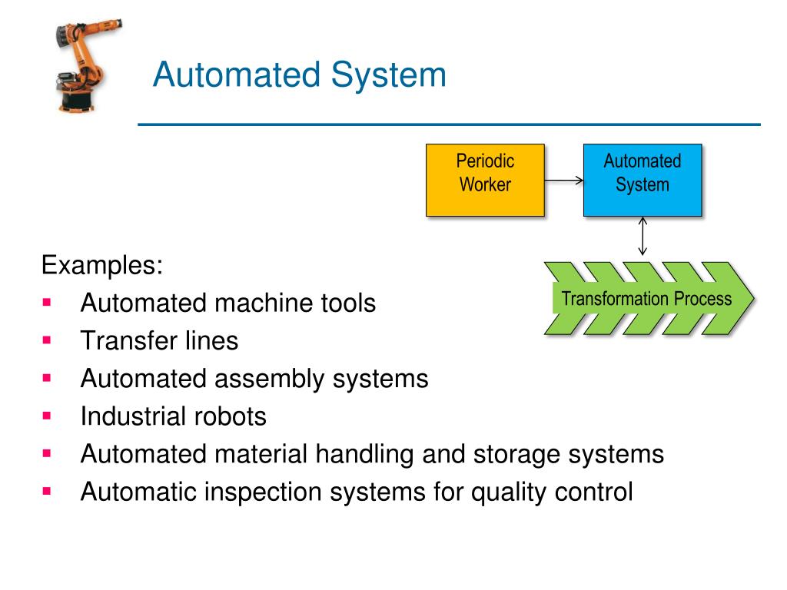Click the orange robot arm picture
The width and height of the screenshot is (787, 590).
point(78,68)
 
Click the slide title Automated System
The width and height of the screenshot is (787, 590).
point(299,76)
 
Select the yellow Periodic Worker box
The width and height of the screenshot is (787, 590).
point(485,179)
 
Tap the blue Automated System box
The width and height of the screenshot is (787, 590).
point(642,179)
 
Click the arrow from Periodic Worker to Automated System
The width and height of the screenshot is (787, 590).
point(564,181)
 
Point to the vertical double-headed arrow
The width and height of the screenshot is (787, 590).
point(643,237)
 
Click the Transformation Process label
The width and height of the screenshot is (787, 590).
point(646,299)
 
